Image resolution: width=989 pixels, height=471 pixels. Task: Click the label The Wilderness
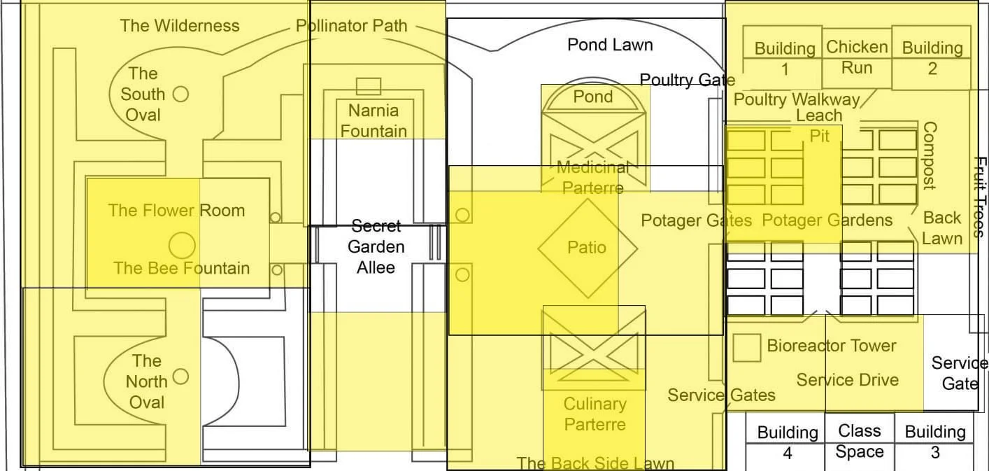[x=180, y=26]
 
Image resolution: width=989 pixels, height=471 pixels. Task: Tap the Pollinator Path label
[x=351, y=26]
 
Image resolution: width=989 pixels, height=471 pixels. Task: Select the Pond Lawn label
[x=610, y=45]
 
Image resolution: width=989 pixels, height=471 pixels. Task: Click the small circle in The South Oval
[x=180, y=93]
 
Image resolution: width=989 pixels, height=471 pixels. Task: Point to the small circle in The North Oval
[x=180, y=377]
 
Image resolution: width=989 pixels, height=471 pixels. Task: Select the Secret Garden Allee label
[x=376, y=246]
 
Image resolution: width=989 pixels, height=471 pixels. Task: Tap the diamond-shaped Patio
[x=588, y=248]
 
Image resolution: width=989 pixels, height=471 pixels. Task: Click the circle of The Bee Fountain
[x=182, y=245]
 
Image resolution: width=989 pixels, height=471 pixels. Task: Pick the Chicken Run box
[x=857, y=57]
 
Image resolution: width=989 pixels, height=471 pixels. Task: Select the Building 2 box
[x=932, y=59]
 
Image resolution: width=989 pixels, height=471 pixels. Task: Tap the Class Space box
[x=860, y=441]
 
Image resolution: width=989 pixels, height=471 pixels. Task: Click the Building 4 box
[x=787, y=442]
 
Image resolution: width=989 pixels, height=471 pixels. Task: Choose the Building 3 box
[x=935, y=442]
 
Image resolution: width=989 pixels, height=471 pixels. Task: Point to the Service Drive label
[x=848, y=380]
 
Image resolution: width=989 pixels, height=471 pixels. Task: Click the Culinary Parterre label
[x=595, y=414]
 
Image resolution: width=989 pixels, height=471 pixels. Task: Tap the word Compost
[x=929, y=155]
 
